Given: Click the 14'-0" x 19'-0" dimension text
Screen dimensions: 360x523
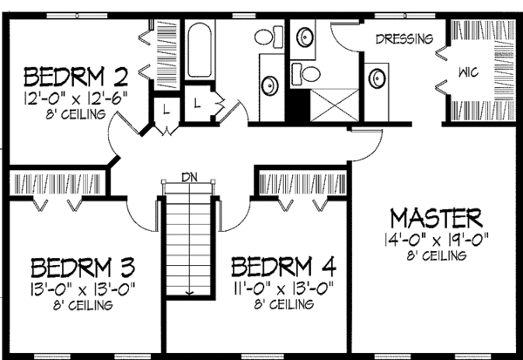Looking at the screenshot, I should coord(435,238).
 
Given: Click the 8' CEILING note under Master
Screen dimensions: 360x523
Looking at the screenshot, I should coord(435,255).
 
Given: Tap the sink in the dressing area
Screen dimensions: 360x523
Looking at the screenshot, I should coord(377,79).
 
